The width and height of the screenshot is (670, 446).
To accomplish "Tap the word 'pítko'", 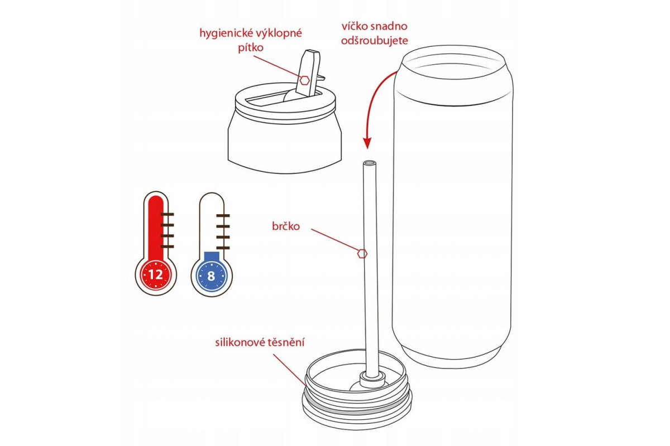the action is point(251,48).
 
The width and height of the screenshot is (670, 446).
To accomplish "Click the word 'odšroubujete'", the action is point(375,40).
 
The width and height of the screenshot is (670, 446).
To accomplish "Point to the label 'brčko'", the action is point(286,226).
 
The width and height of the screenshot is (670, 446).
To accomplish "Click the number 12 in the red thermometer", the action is point(156,274).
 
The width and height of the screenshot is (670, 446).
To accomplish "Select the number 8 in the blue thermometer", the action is point(211,277).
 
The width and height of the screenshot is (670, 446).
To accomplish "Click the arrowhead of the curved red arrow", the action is point(367,143).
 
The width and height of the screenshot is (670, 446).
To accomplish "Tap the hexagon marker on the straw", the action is point(362,254).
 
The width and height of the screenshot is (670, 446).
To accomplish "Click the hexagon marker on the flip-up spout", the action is point(304,80).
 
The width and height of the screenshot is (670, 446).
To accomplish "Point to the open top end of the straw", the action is point(370,163).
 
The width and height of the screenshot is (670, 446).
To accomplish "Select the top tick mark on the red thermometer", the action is point(167,214).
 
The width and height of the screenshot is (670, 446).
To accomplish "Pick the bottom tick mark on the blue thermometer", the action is point(223,248).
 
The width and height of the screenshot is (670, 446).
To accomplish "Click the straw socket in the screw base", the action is point(371,380).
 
